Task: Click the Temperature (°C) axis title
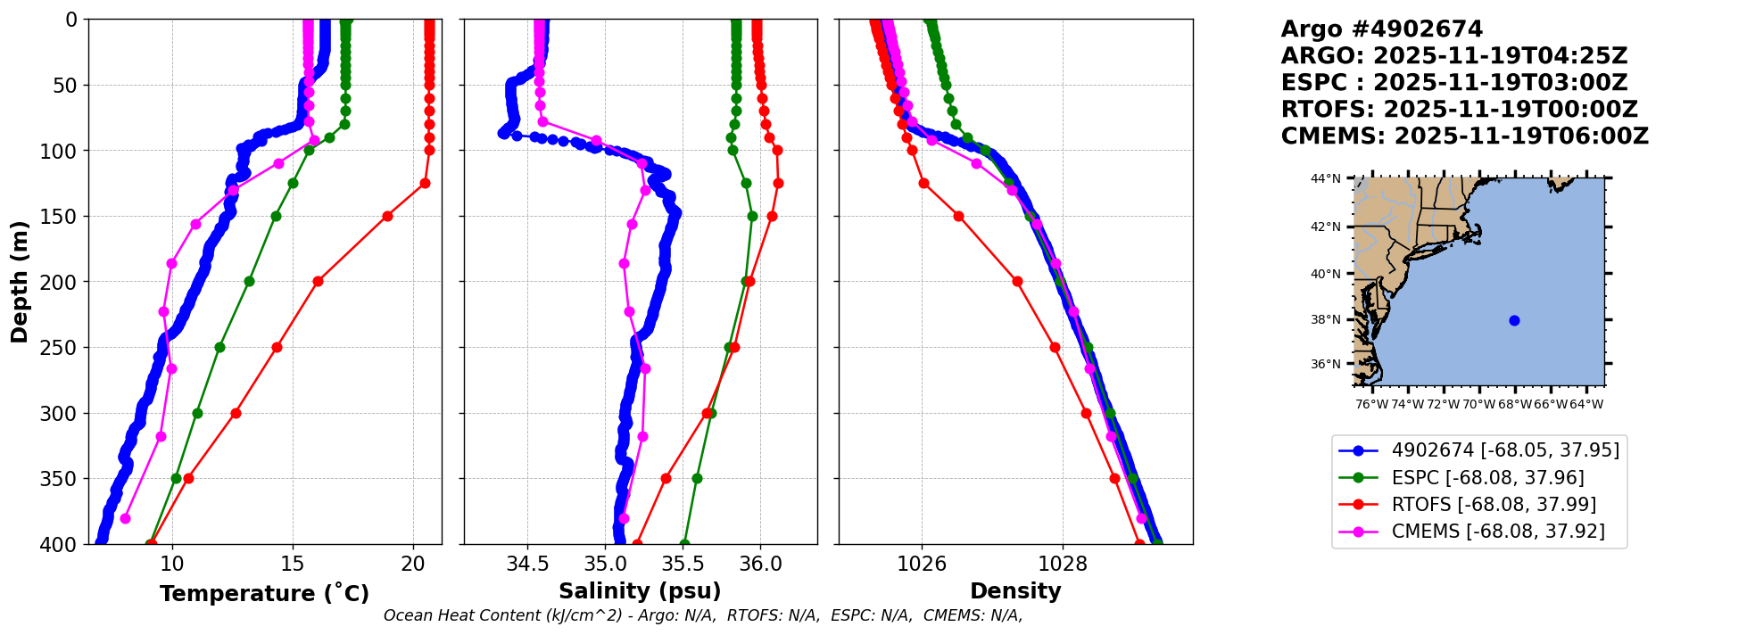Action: tap(264, 594)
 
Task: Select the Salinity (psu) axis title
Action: tap(640, 591)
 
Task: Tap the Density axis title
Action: tap(1015, 591)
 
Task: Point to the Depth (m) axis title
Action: tap(20, 282)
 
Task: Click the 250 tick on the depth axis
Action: tap(65, 348)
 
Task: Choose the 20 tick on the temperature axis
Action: tap(413, 564)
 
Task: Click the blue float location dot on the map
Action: tap(1514, 320)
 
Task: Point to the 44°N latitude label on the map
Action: tap(1326, 178)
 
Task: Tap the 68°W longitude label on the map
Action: tap(1514, 405)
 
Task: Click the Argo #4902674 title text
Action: tap(1381, 29)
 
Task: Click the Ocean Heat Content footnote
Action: tap(702, 615)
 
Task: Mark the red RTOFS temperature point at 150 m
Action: tap(387, 216)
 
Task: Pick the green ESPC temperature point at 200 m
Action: tap(249, 282)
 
